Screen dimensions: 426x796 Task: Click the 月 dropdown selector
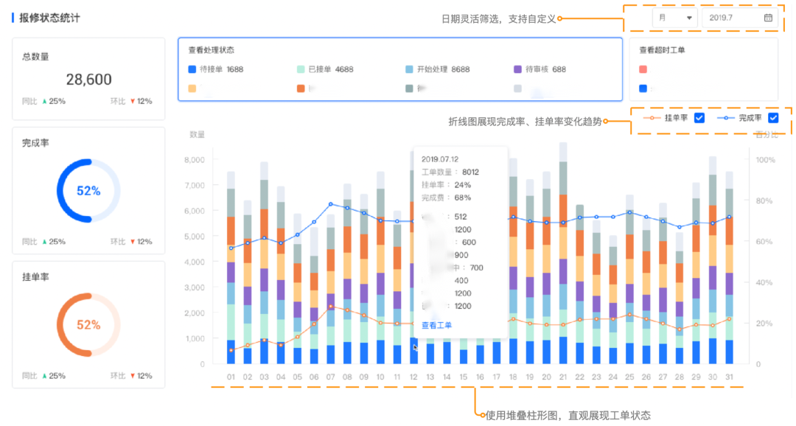(674, 18)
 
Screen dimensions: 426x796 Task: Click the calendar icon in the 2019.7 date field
(768, 18)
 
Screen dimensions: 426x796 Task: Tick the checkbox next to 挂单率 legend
(700, 118)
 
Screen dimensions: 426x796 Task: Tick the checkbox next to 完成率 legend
(773, 118)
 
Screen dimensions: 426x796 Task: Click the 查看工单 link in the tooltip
(436, 325)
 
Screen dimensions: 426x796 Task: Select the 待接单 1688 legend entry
(216, 69)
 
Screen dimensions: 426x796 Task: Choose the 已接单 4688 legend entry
(324, 69)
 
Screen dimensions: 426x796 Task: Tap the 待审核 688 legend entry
(540, 69)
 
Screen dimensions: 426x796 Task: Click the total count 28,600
(88, 80)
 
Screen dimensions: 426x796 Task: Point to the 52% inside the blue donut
(88, 191)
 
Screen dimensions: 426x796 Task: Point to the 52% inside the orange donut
(88, 325)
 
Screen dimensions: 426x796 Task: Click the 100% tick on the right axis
(765, 160)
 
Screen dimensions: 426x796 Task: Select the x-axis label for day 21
(563, 377)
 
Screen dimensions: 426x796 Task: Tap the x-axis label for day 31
(729, 377)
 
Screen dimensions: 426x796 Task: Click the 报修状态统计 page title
(50, 18)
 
